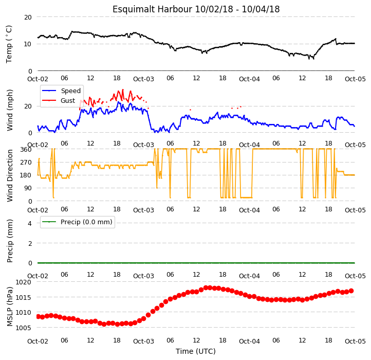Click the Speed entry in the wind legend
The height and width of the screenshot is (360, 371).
pos(71,91)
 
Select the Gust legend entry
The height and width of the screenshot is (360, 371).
pos(68,101)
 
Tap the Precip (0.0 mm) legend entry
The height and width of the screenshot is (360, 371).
pos(86,222)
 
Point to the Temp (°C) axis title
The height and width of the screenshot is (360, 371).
pos(9,44)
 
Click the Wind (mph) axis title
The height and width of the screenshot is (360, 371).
pos(10,110)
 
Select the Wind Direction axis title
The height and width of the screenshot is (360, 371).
pos(10,175)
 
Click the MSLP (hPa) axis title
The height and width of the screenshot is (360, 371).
pos(10,307)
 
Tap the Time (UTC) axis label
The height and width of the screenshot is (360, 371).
pos(196,351)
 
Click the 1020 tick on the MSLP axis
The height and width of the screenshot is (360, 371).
pos(23,282)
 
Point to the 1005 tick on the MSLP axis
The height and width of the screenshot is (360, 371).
pos(23,328)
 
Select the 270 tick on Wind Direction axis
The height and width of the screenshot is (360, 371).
pos(26,163)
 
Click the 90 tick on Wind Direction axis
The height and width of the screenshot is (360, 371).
pos(28,188)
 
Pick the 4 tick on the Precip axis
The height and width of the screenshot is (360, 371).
pos(30,223)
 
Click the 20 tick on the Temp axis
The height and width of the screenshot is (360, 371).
pos(28,17)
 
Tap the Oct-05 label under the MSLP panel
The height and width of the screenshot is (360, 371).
pos(355,341)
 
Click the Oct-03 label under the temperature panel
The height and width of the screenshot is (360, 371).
pos(143,79)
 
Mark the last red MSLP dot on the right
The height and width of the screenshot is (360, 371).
pos(351,291)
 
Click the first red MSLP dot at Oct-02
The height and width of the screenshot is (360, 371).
pos(38,316)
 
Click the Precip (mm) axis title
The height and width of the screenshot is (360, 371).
pos(10,241)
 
